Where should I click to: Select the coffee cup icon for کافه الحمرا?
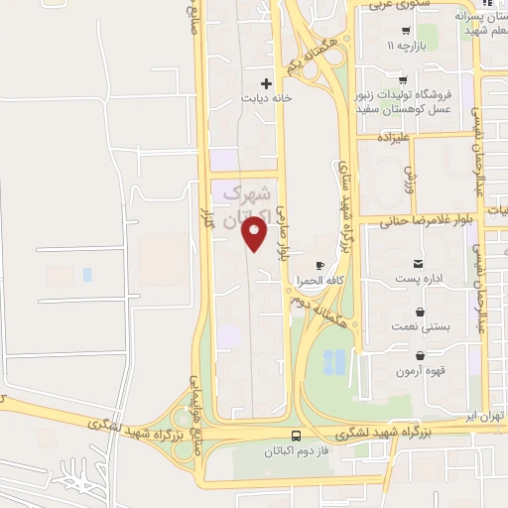click(319, 265)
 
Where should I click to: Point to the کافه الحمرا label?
click(318, 282)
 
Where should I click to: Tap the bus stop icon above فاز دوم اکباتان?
click(296, 435)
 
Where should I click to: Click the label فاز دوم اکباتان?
click(296, 451)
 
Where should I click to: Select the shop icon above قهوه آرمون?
click(421, 355)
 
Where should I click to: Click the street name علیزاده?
click(378, 139)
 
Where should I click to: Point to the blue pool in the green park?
click(334, 363)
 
